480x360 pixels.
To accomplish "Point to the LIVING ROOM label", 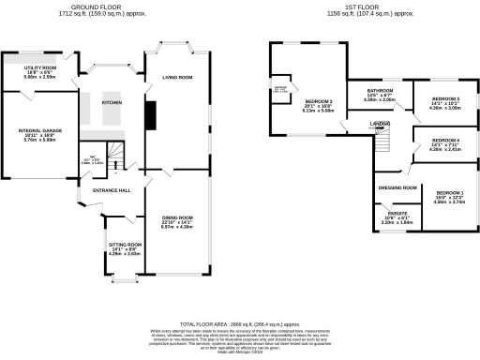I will [x=177, y=78].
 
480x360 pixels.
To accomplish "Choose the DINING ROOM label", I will [x=177, y=217].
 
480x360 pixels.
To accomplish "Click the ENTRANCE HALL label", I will [x=111, y=190].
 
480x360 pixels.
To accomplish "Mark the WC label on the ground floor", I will [x=93, y=157].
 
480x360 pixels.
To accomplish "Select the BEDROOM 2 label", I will [x=320, y=100].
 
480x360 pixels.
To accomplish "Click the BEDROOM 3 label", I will [x=445, y=98].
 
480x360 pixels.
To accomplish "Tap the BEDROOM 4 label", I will [x=445, y=140].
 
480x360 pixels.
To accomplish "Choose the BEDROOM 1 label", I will [x=449, y=192].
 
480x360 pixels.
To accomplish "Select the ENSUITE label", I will [x=397, y=215].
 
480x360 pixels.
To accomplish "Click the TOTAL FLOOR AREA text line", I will [x=240, y=322].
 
